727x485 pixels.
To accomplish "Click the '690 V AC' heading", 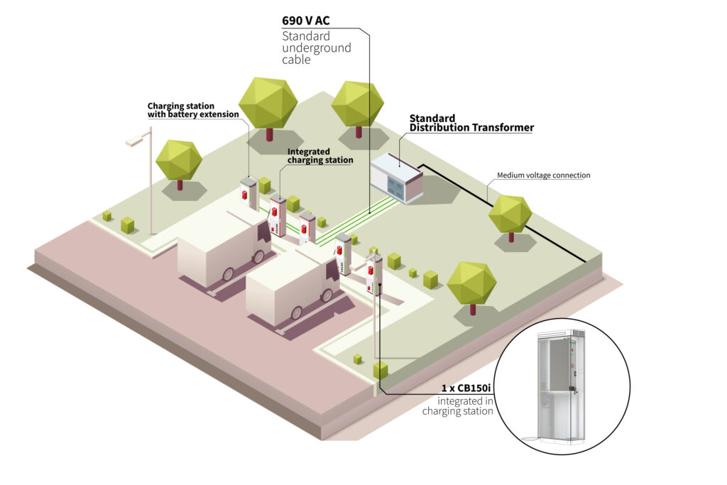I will click(306, 21).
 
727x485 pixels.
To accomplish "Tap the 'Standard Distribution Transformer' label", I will click(471, 123).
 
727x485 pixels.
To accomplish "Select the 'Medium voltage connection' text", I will click(543, 175).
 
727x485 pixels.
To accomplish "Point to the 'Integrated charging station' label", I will click(319, 156).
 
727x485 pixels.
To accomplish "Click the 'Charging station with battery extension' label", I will click(192, 110).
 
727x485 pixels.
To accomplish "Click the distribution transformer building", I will click(396, 177).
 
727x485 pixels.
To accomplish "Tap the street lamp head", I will click(135, 140).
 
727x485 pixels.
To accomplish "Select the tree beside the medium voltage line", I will click(510, 214).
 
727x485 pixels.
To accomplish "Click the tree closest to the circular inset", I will click(471, 283).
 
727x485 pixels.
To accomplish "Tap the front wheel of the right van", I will click(328, 293).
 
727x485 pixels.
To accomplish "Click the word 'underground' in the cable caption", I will click(317, 48).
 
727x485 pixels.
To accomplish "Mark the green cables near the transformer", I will click(369, 213).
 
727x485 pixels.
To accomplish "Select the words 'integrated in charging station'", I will click(458, 406).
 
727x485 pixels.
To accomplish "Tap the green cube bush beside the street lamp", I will click(128, 225).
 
